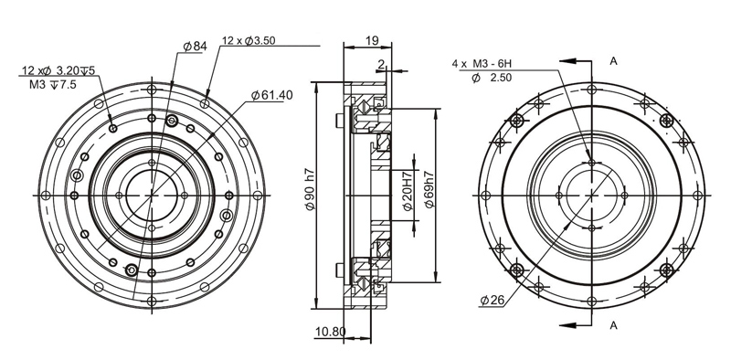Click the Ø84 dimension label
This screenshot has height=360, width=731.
click(x=195, y=46)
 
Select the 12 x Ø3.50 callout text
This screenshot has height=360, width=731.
click(x=249, y=40)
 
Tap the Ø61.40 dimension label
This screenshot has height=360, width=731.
click(x=271, y=95)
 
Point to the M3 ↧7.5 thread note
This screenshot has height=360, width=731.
click(x=53, y=84)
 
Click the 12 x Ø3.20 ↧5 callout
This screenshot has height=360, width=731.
click(x=58, y=70)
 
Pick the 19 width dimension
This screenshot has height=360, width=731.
click(x=372, y=40)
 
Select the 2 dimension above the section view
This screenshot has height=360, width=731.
click(x=381, y=64)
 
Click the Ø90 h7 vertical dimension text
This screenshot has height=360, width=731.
click(x=311, y=192)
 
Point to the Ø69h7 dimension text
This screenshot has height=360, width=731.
click(x=429, y=190)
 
